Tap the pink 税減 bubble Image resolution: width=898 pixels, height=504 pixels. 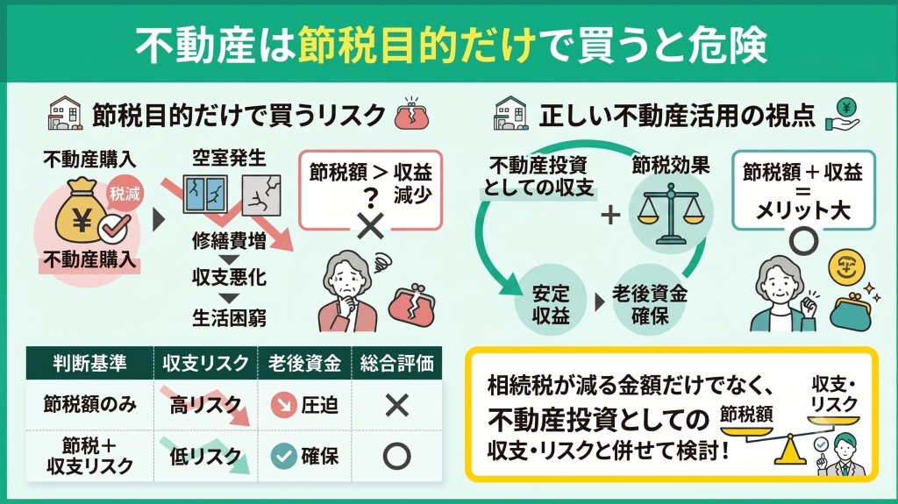pyautogui.click(x=125, y=194)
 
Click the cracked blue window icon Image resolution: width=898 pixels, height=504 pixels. pyautogui.click(x=205, y=195)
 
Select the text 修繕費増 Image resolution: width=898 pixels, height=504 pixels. pyautogui.click(x=229, y=240)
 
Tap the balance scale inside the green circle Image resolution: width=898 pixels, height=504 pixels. pyautogui.click(x=671, y=213)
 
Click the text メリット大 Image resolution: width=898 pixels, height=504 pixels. pyautogui.click(x=803, y=210)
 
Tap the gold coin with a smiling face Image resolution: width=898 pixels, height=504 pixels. pyautogui.click(x=846, y=267)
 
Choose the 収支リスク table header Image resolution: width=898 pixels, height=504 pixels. pyautogui.click(x=205, y=363)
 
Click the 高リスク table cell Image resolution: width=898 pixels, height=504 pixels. pyautogui.click(x=205, y=405)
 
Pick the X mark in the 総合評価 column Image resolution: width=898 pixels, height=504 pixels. pyautogui.click(x=397, y=405)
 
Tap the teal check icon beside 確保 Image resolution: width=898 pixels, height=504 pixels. pyautogui.click(x=283, y=456)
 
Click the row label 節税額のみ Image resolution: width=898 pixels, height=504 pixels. pyautogui.click(x=90, y=404)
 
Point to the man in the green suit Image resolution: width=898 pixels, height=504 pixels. pyautogui.click(x=844, y=456)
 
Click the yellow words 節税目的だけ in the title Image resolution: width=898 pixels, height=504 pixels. pyautogui.click(x=417, y=45)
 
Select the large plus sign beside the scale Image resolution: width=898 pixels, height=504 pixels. pyautogui.click(x=610, y=215)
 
